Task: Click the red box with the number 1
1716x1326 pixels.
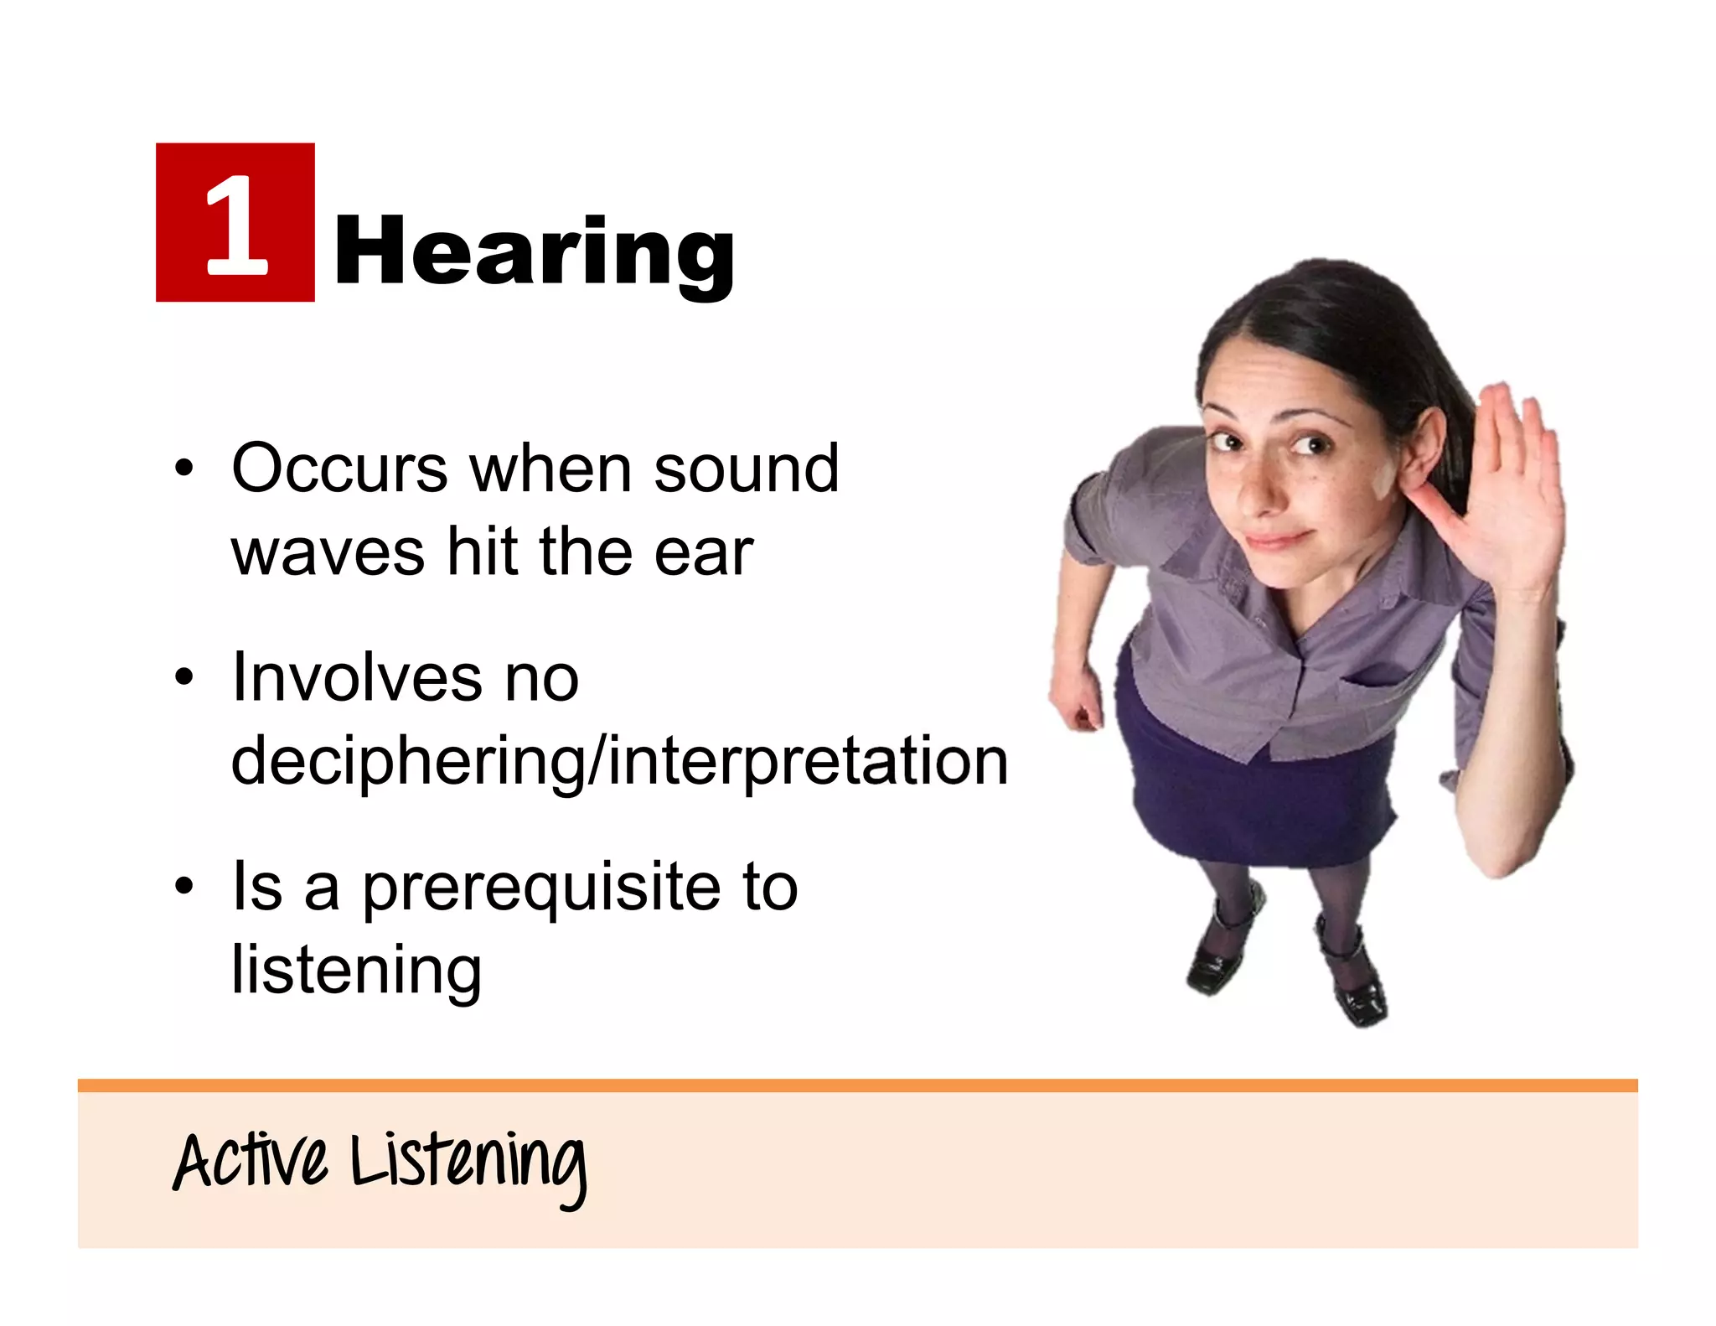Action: [235, 222]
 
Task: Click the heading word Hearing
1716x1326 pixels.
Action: [533, 251]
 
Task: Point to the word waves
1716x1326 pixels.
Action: [328, 552]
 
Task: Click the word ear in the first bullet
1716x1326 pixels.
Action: [703, 552]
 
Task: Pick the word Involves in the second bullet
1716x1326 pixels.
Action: [355, 676]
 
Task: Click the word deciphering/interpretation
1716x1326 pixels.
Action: [619, 761]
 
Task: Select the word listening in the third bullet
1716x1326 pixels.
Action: [356, 970]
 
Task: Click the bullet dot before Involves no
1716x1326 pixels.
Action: [184, 676]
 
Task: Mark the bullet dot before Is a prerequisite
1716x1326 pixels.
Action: [184, 887]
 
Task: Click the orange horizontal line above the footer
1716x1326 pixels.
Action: [857, 1085]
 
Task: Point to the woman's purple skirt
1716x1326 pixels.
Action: [1248, 796]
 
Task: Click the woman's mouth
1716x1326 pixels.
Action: [1279, 539]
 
